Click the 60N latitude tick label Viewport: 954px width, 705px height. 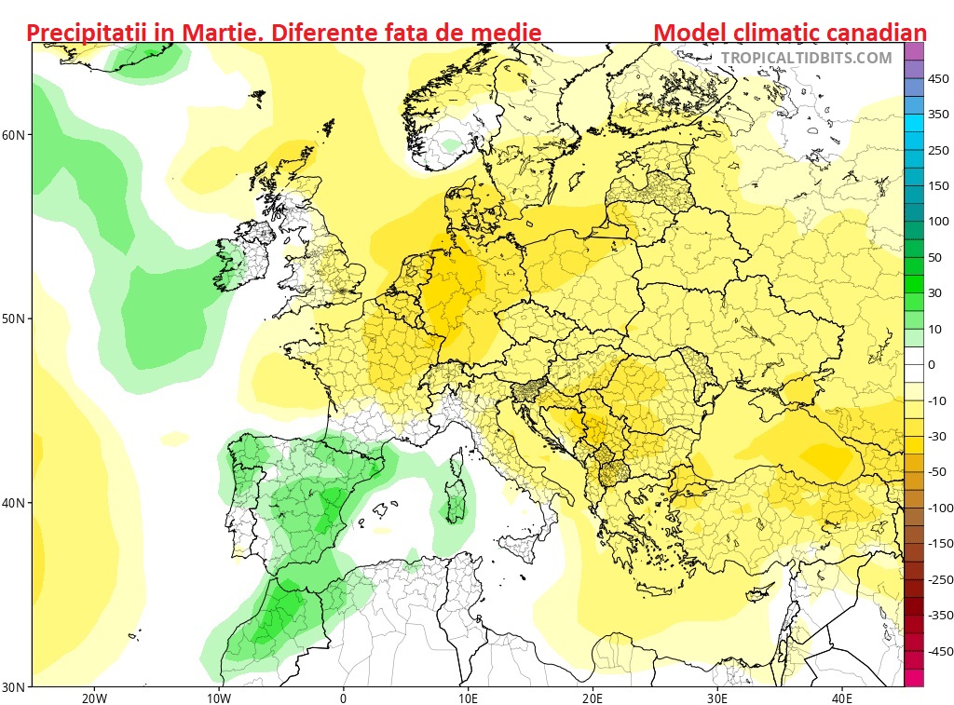pos(14,134)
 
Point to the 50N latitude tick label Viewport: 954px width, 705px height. pos(14,319)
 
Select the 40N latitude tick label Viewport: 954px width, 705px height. pos(14,503)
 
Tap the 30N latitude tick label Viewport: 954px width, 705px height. pos(14,687)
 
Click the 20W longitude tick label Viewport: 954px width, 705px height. pos(93,698)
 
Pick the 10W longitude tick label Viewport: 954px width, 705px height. pos(218,698)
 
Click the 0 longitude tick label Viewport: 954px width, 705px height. pos(343,698)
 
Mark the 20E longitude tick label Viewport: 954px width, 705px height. pos(593,698)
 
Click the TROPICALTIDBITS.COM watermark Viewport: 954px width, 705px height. pos(806,58)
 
